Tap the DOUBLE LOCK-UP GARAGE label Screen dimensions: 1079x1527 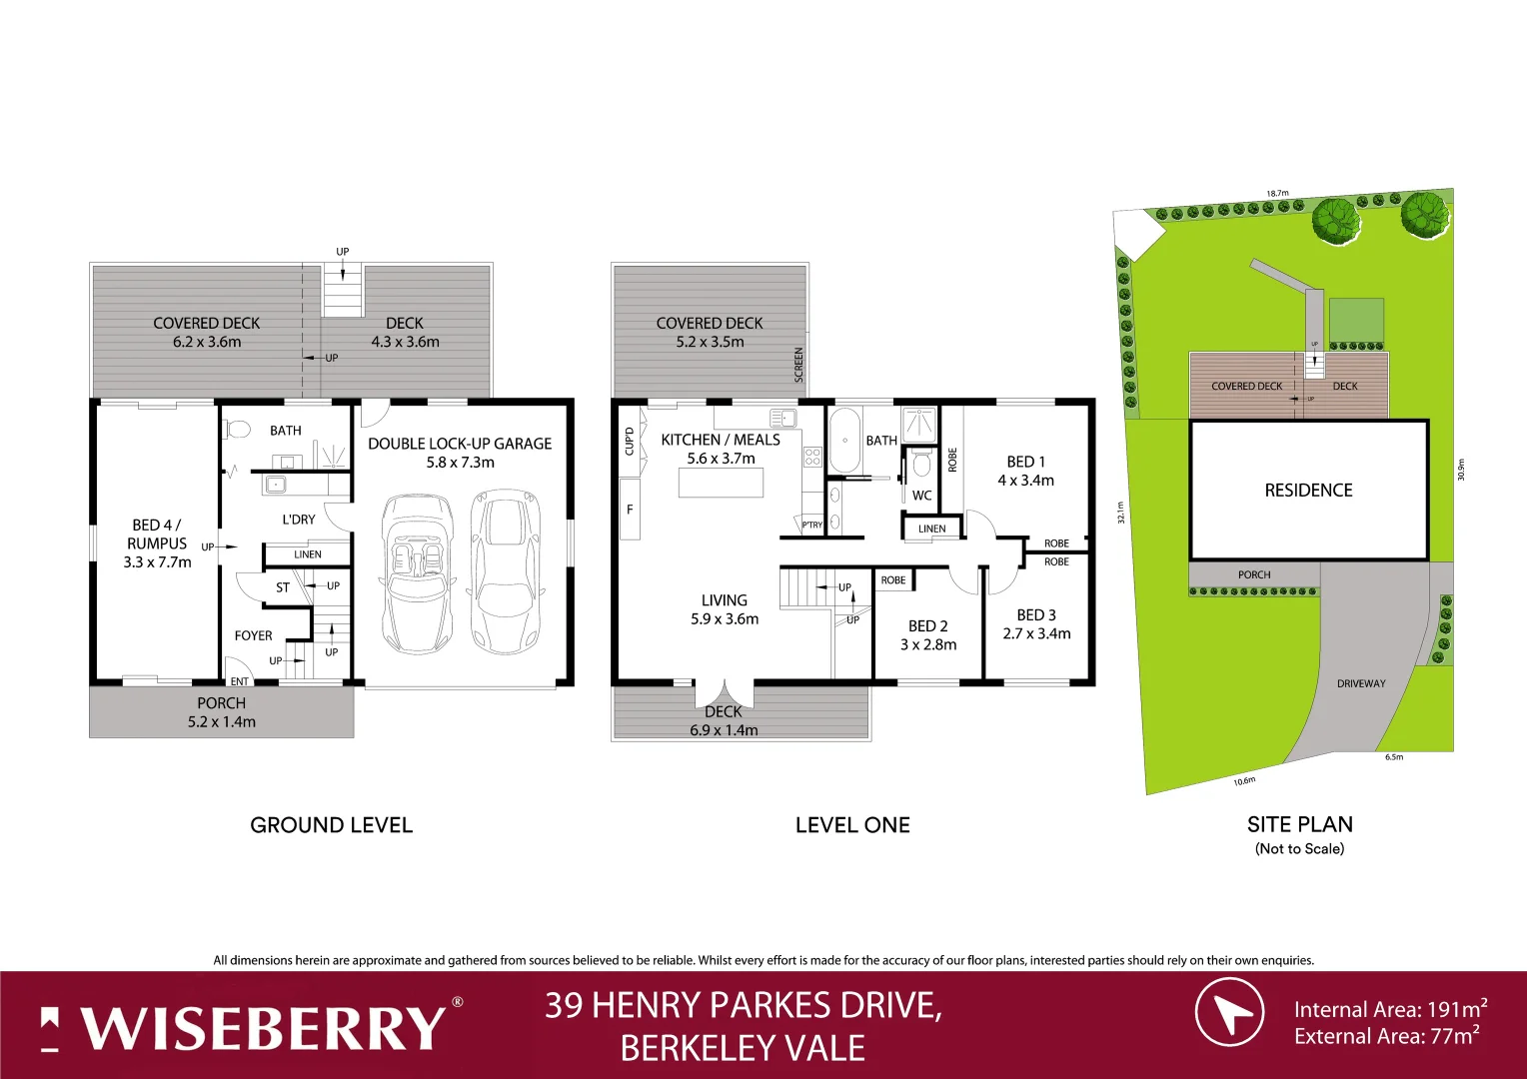(460, 444)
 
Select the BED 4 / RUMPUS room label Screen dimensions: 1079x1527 (157, 535)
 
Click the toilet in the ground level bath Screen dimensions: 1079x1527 (237, 430)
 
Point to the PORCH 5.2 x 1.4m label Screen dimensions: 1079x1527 (222, 712)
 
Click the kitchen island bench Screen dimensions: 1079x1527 (721, 483)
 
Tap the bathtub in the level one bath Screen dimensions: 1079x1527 (844, 441)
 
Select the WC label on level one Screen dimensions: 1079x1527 (921, 496)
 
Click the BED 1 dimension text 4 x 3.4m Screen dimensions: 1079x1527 (1025, 481)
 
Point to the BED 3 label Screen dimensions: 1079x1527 (1036, 615)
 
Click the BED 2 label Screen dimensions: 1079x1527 (928, 626)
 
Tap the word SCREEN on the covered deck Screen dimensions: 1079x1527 (798, 365)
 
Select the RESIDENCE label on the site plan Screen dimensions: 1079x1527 (1308, 491)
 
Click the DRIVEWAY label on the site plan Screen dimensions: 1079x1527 (1361, 683)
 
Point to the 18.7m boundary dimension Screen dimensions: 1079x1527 (1277, 193)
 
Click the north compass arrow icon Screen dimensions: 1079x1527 (1230, 1012)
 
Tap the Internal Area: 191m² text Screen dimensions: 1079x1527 (1390, 1009)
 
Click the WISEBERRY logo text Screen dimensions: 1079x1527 (262, 1028)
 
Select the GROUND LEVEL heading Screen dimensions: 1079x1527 (331, 825)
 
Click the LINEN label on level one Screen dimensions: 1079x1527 (931, 529)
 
